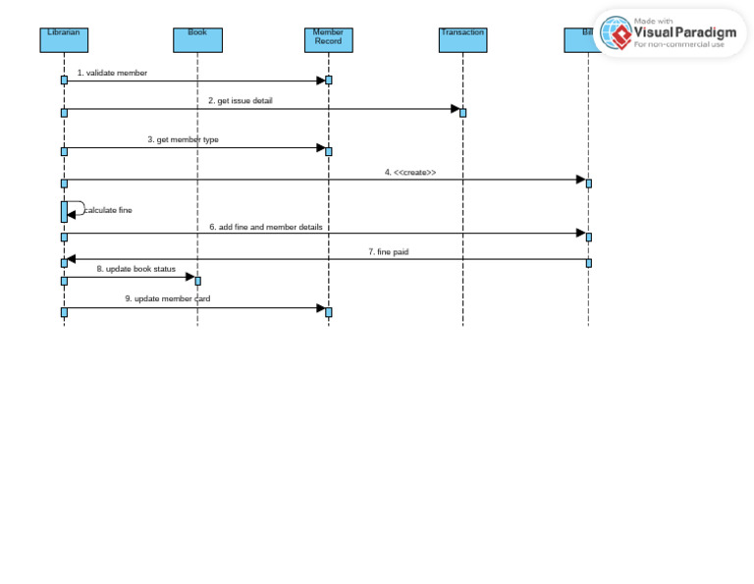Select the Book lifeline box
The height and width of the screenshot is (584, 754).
[x=197, y=39]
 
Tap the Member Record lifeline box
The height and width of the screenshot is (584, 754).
[x=328, y=39]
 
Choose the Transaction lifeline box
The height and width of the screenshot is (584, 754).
[x=462, y=39]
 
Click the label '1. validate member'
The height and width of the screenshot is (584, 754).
[x=112, y=73]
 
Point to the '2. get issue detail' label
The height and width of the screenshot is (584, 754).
[x=240, y=100]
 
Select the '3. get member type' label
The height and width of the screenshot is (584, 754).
[x=183, y=139]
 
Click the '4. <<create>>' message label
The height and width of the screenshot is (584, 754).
[x=410, y=172]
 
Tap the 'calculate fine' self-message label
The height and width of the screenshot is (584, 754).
[x=108, y=210]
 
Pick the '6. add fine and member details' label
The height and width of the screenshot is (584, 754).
[x=265, y=227]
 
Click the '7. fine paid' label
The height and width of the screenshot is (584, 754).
[x=388, y=252]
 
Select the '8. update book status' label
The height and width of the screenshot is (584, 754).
[x=135, y=268]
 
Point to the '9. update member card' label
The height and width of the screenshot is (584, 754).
[x=167, y=298]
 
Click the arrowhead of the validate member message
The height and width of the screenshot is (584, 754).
[x=319, y=80]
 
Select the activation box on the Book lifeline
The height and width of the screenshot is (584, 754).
[x=197, y=281]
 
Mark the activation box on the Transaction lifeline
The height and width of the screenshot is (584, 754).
[x=462, y=112]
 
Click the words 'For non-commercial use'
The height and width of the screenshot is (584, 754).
[x=679, y=45]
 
